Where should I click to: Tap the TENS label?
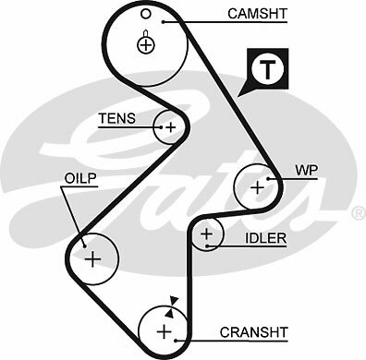[117, 118]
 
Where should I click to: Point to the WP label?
[305, 172]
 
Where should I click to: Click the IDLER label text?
[265, 238]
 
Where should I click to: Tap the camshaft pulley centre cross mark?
[146, 42]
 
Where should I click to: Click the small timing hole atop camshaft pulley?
[146, 17]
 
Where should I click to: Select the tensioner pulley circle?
[170, 126]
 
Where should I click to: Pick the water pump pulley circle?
[256, 186]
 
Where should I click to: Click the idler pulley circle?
[207, 235]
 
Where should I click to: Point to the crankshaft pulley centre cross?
[164, 330]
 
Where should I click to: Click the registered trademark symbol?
[357, 213]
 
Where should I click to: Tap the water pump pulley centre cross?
[256, 186]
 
